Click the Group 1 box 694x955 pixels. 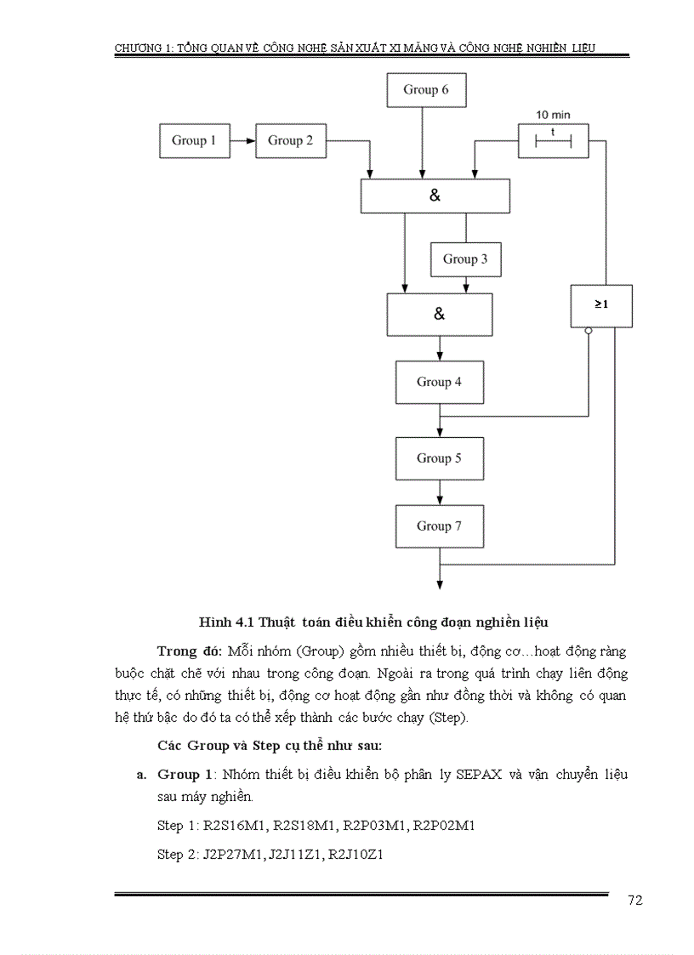tap(194, 140)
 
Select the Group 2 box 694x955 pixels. tap(291, 140)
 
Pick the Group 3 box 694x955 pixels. tap(465, 259)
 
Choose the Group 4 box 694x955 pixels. tap(439, 382)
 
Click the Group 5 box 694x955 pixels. tap(439, 458)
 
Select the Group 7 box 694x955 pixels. tap(439, 526)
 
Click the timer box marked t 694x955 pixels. tap(553, 140)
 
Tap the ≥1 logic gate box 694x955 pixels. tap(600, 305)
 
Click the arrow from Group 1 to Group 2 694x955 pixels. tap(242, 140)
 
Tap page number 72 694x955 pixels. tap(634, 901)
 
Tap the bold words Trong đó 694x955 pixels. tap(189, 651)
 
